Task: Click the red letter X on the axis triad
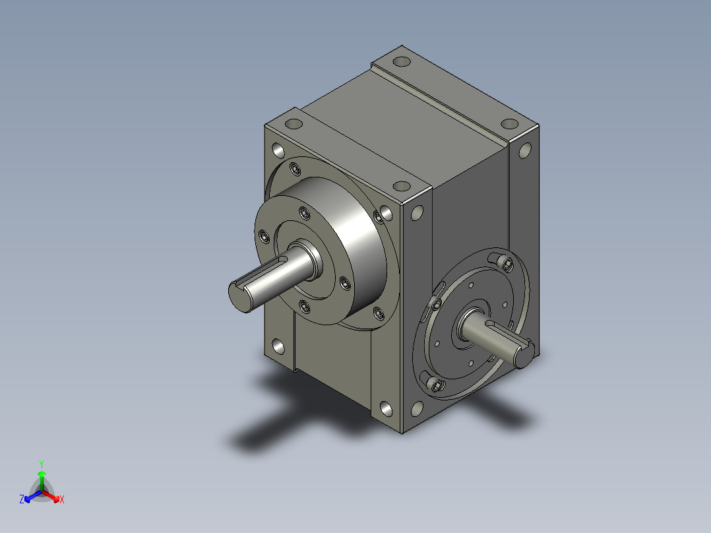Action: (x=62, y=499)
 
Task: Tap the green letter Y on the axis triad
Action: (x=42, y=464)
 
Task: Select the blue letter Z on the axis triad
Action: (x=22, y=499)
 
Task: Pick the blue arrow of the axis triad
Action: (x=33, y=496)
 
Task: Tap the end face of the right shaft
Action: (x=525, y=354)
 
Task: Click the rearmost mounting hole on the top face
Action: (x=401, y=61)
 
